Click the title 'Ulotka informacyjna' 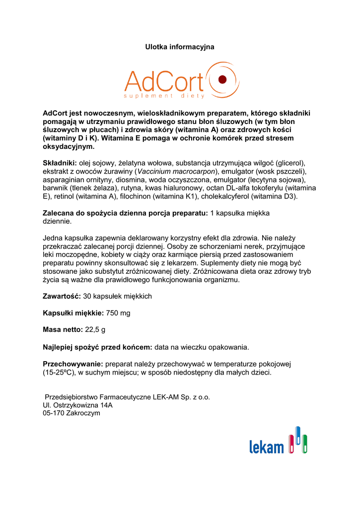coord(180,47)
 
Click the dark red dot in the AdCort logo coord(222,79)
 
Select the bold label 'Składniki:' coord(60,163)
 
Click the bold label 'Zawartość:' coord(62,296)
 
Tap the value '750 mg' coord(118,313)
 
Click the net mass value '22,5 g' coord(95,330)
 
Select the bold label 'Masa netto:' coord(63,330)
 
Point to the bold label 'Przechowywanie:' coord(72,364)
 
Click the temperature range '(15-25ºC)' coord(60,372)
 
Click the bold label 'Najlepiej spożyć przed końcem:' coord(98,347)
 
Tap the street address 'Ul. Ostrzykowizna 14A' coord(78,405)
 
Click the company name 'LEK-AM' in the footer coord(165,397)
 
